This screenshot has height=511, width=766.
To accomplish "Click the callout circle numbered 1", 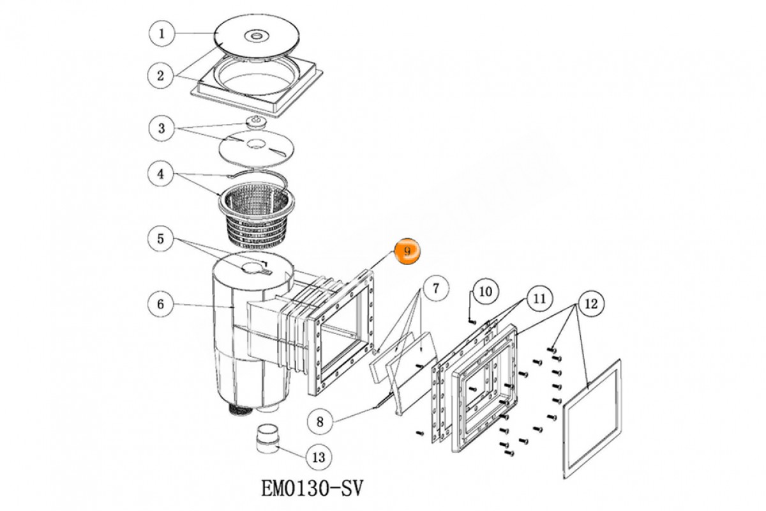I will point(161,33).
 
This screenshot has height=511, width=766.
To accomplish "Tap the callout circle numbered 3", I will point(161,128).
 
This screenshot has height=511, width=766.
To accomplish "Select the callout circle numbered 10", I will point(485,292).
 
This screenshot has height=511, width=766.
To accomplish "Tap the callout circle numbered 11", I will point(540,298).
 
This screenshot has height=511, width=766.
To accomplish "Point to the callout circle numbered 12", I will point(591,304).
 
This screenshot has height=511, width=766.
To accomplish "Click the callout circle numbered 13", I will point(319,457).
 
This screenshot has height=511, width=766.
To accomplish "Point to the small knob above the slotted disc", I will point(255,121).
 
